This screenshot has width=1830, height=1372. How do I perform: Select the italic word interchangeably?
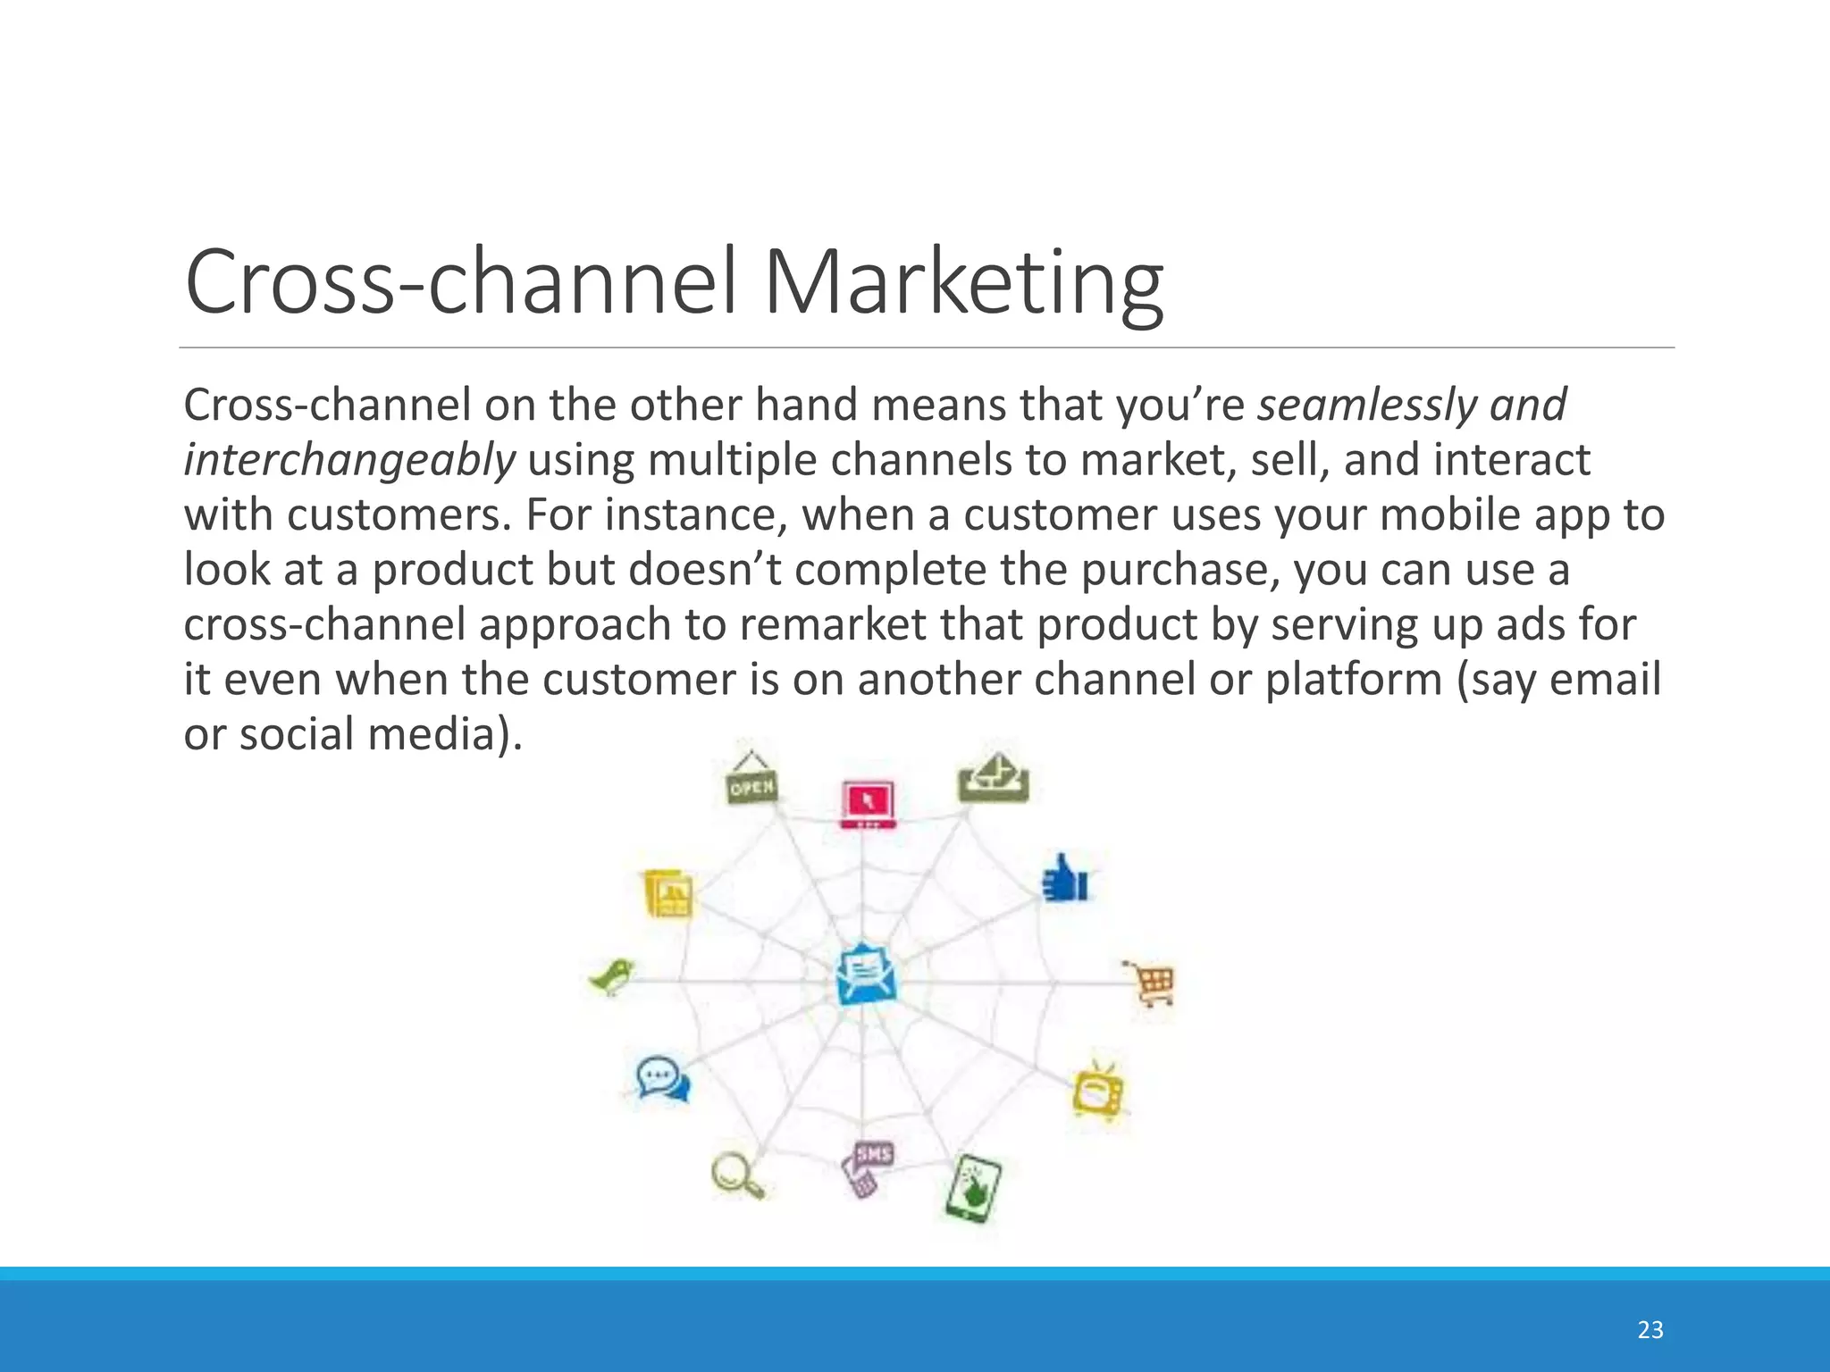click(349, 460)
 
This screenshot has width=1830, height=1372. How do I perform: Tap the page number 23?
click(1650, 1330)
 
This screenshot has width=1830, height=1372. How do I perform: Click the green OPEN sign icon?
click(751, 780)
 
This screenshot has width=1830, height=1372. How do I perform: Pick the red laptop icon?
click(867, 804)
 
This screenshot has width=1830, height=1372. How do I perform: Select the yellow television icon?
click(1098, 1091)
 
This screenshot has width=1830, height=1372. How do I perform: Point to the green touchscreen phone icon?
click(973, 1189)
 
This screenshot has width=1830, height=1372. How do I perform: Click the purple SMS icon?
click(867, 1167)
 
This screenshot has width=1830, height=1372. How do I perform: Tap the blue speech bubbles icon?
click(662, 1078)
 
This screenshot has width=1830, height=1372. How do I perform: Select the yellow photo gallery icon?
click(667, 892)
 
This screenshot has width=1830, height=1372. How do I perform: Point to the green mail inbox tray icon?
click(994, 778)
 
